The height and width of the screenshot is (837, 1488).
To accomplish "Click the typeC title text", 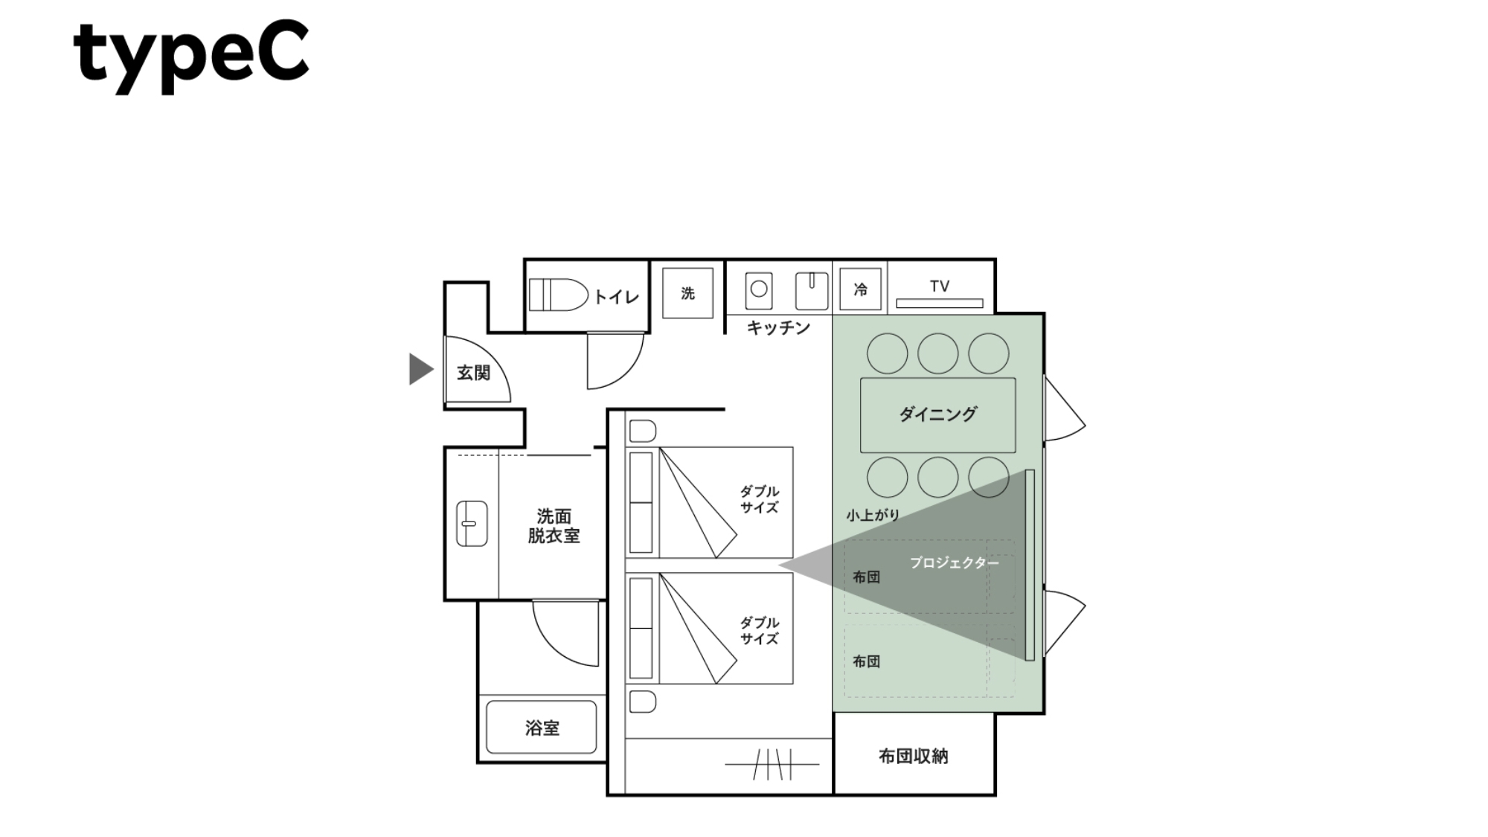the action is point(191,57).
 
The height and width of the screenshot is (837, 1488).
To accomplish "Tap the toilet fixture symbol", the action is point(559,295).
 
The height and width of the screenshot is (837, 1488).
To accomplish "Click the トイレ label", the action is point(617,297).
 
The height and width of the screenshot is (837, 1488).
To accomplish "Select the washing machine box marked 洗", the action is point(687,293).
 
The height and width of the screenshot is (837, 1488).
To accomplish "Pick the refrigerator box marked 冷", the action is point(860,289).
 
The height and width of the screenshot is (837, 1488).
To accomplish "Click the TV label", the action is point(940,286).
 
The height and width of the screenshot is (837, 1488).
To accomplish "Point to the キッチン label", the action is point(778,327).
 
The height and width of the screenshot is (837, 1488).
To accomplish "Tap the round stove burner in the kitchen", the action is point(759,289).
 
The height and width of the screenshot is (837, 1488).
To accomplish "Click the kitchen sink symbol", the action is point(812,291).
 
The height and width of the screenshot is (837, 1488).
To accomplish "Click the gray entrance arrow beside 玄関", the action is point(421,369).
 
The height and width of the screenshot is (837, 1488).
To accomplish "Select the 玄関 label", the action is point(473,373).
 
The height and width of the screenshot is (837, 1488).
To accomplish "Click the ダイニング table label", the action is point(937,414).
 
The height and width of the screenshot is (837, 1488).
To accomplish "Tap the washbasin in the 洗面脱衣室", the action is point(471,524).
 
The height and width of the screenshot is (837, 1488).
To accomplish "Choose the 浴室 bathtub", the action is point(542,727).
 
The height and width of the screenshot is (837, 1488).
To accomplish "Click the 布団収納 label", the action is point(914,757).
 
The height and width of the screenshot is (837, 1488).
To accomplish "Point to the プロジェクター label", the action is point(955,563).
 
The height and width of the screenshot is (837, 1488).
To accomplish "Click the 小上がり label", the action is point(873,515).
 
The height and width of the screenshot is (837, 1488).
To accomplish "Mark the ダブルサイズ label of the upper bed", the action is point(759,499).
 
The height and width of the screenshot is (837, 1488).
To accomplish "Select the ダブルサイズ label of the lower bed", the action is point(759,630).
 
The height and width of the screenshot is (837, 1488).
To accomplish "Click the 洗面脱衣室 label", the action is point(554,526).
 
